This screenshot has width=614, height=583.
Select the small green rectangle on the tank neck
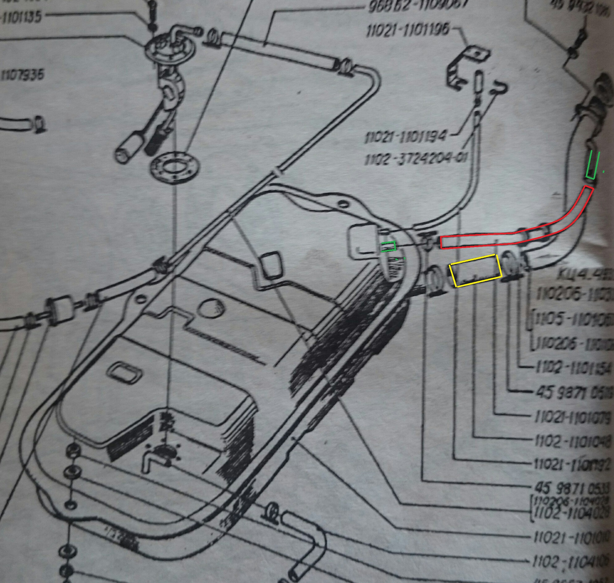[x=388, y=247]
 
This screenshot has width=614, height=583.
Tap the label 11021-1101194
[x=405, y=137]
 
